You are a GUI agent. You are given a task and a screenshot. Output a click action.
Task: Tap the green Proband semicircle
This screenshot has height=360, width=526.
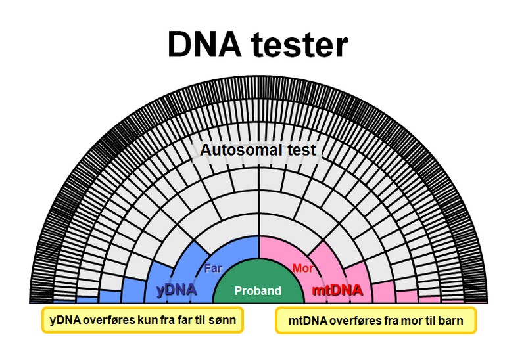(x=258, y=289)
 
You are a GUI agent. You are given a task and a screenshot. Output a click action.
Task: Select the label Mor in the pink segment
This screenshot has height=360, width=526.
(x=302, y=268)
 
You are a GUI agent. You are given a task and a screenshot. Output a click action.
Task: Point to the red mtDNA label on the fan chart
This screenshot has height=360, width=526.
(x=337, y=289)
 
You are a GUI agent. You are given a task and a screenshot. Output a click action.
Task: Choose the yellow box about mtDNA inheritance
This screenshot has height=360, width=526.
(x=375, y=321)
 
